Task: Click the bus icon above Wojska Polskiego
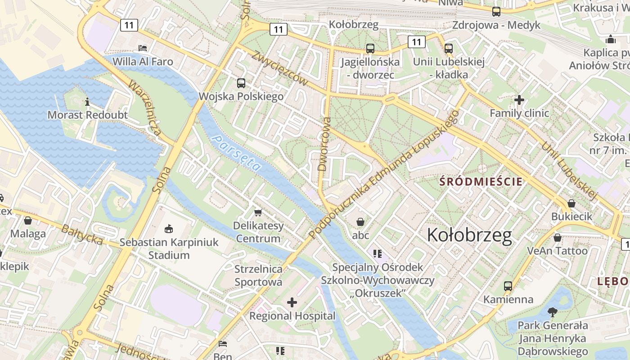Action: [x=241, y=83]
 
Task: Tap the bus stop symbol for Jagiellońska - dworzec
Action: [x=370, y=48]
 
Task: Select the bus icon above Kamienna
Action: [x=508, y=286]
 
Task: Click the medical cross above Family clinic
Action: [x=519, y=99]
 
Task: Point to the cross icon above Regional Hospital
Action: [x=292, y=302]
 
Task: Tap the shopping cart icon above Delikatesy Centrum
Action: [x=258, y=212]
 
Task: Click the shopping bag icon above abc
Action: [x=360, y=221]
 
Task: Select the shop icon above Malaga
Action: [x=28, y=220]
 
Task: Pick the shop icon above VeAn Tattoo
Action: [x=558, y=237]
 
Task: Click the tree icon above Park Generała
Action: [x=552, y=311]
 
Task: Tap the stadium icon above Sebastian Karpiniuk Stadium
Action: [x=169, y=229]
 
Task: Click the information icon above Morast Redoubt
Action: [x=87, y=101]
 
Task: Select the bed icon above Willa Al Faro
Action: [x=143, y=47]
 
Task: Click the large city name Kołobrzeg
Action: [x=469, y=235]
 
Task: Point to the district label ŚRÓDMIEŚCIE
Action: [x=481, y=182]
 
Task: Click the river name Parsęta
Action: [x=237, y=153]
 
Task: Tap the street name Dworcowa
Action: [x=324, y=144]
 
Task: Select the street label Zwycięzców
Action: [x=280, y=68]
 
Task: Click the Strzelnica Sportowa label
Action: [x=258, y=275]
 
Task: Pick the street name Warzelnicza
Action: [x=144, y=108]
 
